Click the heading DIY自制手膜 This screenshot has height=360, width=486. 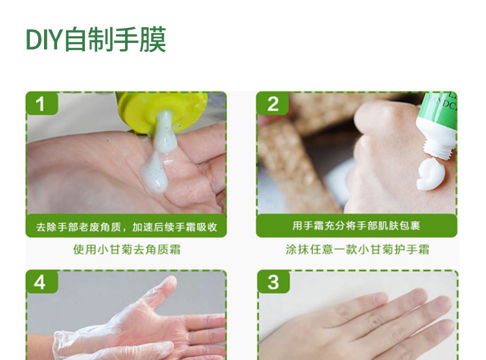pyautogui.click(x=96, y=40)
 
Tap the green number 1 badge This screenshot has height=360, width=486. pyautogui.click(x=42, y=103)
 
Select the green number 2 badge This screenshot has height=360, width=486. pyautogui.click(x=272, y=103)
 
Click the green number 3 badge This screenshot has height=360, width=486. pyautogui.click(x=273, y=282)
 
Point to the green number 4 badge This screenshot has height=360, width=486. pyautogui.click(x=42, y=282)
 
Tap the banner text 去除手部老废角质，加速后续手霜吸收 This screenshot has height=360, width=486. pyautogui.click(x=126, y=227)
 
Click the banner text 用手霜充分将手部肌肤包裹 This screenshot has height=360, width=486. pyautogui.click(x=356, y=226)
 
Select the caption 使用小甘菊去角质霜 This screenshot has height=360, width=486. pyautogui.click(x=126, y=249)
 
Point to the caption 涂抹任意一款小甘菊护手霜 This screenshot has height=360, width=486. pyautogui.click(x=357, y=249)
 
